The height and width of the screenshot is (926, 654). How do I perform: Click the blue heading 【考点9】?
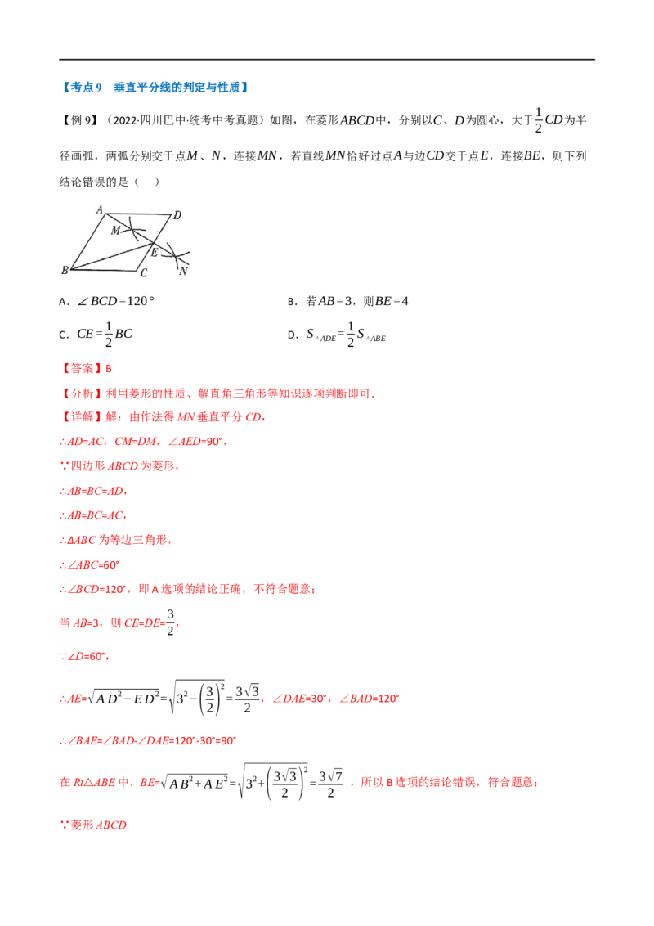coord(82,88)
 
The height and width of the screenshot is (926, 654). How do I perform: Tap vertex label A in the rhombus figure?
coord(100,209)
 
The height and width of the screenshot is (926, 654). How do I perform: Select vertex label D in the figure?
coord(177,215)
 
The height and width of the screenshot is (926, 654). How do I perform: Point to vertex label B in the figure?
coord(65,270)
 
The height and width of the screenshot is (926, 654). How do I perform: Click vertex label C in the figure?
coord(143,273)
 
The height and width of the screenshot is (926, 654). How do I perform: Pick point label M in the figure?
coord(116,231)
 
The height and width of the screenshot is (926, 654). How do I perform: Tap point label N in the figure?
coord(183,271)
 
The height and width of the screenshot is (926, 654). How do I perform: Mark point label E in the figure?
coord(155,253)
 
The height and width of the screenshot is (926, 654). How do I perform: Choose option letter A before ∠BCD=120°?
coord(63,302)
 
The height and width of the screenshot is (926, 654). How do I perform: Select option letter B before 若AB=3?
coord(291,302)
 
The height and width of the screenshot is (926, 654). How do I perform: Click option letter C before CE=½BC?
coord(63,335)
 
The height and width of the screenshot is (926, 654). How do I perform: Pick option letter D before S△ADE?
coord(292,335)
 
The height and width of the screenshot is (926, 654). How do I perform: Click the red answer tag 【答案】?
coord(81,368)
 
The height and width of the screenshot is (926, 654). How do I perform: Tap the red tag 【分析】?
coord(81,393)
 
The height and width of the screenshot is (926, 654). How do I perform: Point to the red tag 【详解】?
coord(81,417)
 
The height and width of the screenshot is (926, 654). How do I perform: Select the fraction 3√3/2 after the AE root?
coord(248,699)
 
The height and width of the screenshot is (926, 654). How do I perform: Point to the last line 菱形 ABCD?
coord(93,825)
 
